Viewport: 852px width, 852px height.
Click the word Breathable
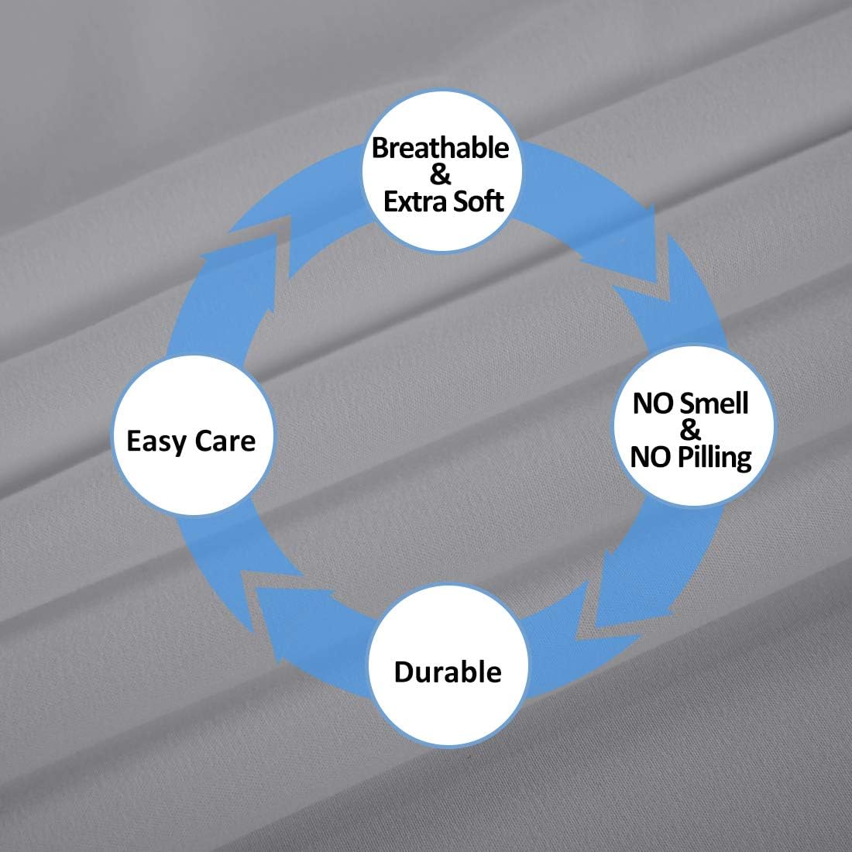tap(440, 148)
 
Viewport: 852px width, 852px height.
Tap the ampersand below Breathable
tap(440, 174)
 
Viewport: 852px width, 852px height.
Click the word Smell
tap(714, 404)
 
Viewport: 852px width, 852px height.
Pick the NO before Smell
tap(654, 404)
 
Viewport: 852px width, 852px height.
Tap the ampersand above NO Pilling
tap(690, 430)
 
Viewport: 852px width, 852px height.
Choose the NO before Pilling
tap(651, 456)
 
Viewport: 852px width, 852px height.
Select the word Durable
tap(448, 672)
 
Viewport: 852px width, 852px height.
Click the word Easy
tap(156, 441)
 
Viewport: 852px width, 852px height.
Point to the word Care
tap(225, 441)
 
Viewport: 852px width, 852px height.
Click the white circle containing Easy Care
tap(192, 435)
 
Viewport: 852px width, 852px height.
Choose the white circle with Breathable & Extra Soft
tap(442, 170)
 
